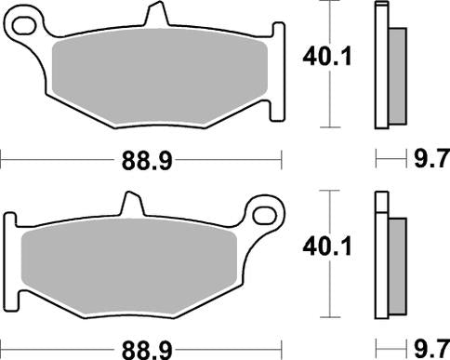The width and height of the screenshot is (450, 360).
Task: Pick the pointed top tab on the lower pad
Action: coord(130,203)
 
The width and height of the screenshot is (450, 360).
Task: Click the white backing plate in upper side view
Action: coord(380,65)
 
